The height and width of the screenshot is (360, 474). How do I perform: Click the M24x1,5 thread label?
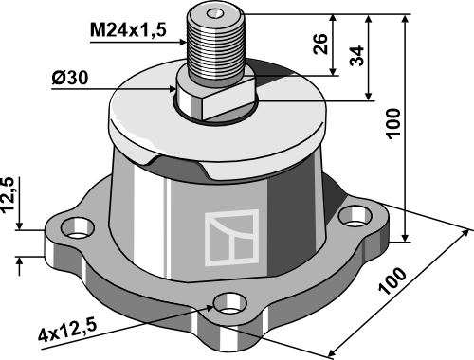pos(128,30)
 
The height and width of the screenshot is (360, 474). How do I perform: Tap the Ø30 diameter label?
pos(70,78)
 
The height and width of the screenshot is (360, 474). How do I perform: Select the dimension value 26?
pos(320,44)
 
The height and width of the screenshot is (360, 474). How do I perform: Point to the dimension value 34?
pos(356,56)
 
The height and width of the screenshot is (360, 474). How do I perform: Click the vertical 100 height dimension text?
pos(392,123)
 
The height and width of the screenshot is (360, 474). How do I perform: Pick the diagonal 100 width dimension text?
pos(392,280)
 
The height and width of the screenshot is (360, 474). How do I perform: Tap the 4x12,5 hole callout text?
pos(67,331)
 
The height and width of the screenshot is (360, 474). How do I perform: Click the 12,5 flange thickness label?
pos(9,194)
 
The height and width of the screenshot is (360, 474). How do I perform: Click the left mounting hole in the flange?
pos(78,229)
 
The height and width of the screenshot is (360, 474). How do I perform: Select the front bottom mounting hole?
pos(230,304)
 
